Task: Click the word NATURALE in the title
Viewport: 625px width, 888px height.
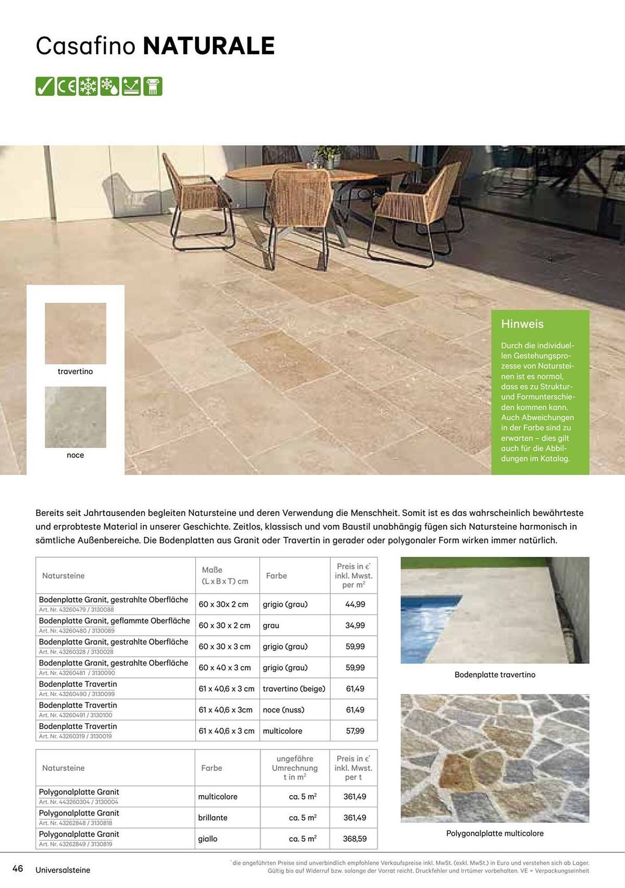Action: click(x=209, y=46)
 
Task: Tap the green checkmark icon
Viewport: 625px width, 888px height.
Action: click(x=45, y=86)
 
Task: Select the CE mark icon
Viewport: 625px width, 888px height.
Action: click(x=67, y=86)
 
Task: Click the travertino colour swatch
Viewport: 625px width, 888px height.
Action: click(x=75, y=333)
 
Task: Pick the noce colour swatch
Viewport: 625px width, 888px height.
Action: click(x=75, y=417)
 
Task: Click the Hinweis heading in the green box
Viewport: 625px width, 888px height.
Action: click(x=522, y=324)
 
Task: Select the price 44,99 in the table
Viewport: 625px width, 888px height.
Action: click(x=355, y=604)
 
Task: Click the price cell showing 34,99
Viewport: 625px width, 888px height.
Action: click(x=355, y=625)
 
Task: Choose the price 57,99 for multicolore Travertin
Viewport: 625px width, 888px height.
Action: click(x=355, y=730)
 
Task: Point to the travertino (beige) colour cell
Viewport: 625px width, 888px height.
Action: click(x=294, y=689)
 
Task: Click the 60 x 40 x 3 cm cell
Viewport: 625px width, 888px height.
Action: click(x=225, y=667)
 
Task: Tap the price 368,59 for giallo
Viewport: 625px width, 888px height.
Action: click(x=355, y=839)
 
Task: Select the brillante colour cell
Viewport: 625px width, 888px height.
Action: click(x=213, y=817)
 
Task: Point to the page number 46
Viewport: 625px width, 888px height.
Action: click(x=18, y=868)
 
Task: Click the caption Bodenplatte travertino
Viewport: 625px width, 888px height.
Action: click(x=495, y=674)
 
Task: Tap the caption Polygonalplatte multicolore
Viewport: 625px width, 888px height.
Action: click(x=495, y=833)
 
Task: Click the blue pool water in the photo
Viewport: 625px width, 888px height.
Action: click(x=422, y=630)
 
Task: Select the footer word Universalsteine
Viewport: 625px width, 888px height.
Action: click(x=63, y=870)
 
